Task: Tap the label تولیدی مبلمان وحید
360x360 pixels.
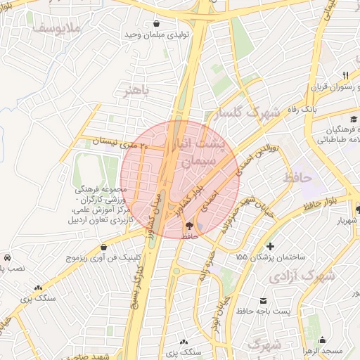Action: [154, 34]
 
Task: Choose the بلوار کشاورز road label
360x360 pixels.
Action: [210, 184]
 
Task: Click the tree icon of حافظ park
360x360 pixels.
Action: [189, 225]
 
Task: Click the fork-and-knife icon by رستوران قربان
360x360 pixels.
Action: [345, 75]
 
